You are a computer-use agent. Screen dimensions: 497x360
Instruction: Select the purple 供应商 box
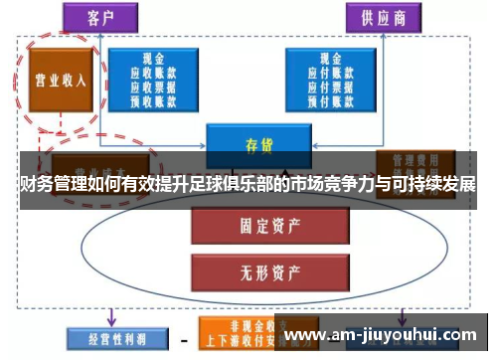click(x=383, y=17)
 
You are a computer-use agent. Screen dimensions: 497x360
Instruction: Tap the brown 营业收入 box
click(x=59, y=80)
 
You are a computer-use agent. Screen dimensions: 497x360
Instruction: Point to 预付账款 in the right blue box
click(x=323, y=98)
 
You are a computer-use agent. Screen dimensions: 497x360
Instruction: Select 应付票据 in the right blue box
click(x=323, y=87)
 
